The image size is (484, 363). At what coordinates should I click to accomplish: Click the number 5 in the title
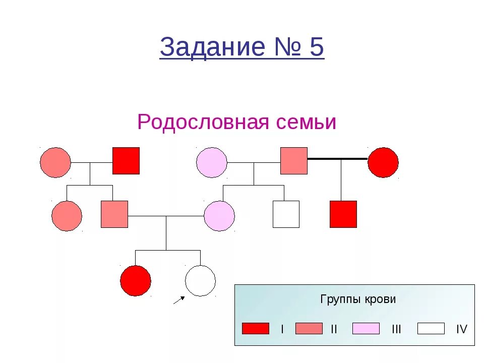pyautogui.click(x=316, y=48)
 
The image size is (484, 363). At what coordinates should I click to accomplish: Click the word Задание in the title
pyautogui.click(x=212, y=48)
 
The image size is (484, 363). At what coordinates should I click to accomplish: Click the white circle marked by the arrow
pyautogui.click(x=200, y=281)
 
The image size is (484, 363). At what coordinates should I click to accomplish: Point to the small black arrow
pyautogui.click(x=178, y=300)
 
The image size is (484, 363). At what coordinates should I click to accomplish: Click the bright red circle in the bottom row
pyautogui.click(x=136, y=281)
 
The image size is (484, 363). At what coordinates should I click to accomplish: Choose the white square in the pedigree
pyautogui.click(x=286, y=214)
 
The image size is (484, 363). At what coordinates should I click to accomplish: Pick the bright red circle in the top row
pyautogui.click(x=383, y=162)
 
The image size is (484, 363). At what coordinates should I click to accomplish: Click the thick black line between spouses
pyautogui.click(x=337, y=159)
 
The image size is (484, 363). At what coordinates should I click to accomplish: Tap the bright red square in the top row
pyautogui.click(x=126, y=161)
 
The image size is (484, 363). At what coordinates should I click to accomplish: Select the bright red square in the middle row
pyautogui.click(x=343, y=214)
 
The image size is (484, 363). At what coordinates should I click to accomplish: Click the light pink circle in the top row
pyautogui.click(x=212, y=162)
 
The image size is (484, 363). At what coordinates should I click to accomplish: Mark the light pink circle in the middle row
pyautogui.click(x=219, y=216)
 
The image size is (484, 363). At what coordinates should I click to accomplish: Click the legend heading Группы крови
pyautogui.click(x=358, y=299)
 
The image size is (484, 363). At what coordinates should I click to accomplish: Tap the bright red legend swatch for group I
pyautogui.click(x=256, y=329)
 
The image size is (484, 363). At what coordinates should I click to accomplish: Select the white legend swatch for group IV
pyautogui.click(x=431, y=329)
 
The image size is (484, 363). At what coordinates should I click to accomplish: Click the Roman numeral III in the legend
pyautogui.click(x=396, y=329)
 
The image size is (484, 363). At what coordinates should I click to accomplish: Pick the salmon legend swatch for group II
pyautogui.click(x=309, y=329)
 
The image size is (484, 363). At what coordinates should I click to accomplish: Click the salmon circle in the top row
pyautogui.click(x=55, y=162)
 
